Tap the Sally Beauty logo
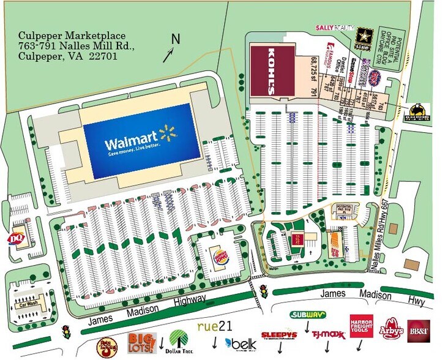[x=335, y=28]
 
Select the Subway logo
[x=307, y=315]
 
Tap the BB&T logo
[x=419, y=331]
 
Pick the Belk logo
[x=240, y=344]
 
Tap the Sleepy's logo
[x=279, y=336]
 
